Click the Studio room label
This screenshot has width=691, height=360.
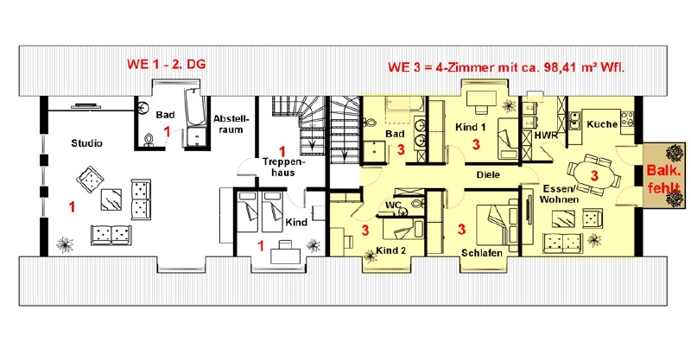[x=87, y=143]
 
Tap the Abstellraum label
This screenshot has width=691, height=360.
[x=231, y=124]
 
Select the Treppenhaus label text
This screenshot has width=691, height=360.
[x=283, y=167]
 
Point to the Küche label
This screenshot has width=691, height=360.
[x=602, y=124]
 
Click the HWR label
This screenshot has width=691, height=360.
[x=546, y=136]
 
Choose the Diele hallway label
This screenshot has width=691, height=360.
[x=488, y=174]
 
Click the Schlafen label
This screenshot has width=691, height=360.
[x=482, y=253]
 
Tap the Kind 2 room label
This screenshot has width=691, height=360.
[x=390, y=250]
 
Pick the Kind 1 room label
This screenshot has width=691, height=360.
[x=471, y=128]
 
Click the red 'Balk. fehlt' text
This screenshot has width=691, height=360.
[x=663, y=179]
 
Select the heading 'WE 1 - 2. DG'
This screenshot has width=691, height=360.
[x=166, y=64]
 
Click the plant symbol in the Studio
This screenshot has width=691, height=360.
[x=65, y=244]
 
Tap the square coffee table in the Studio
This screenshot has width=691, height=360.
[x=111, y=199]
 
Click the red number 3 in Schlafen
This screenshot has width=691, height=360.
[x=461, y=229]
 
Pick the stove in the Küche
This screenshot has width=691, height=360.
[x=628, y=119]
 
